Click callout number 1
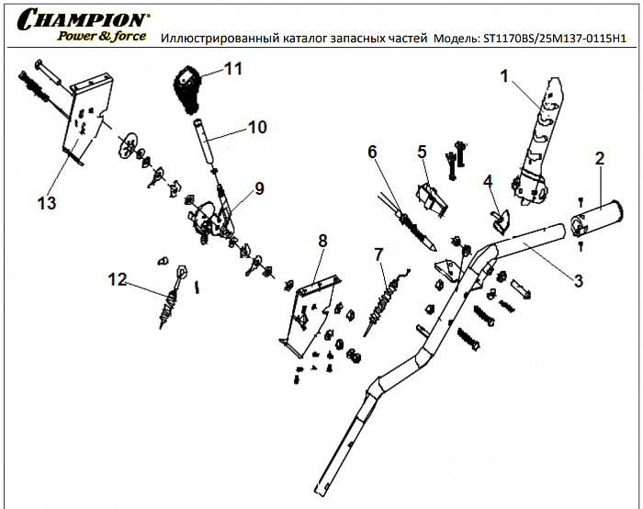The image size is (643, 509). [x=503, y=77]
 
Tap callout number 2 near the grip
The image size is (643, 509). [x=599, y=158]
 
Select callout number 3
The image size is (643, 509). [x=578, y=281]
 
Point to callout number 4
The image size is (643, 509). [x=489, y=180]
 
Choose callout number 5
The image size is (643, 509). [x=423, y=151]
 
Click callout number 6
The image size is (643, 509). [x=372, y=151]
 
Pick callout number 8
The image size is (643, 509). [x=322, y=241]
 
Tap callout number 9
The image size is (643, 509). [x=259, y=188]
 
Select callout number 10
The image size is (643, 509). [x=257, y=128]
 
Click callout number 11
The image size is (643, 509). [x=233, y=69]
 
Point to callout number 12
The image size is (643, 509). [x=117, y=277]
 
